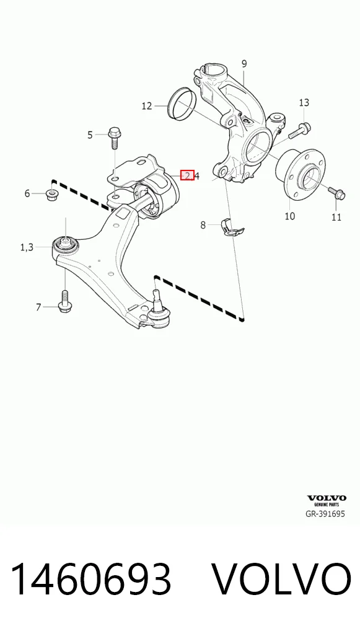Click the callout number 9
pos(244,64)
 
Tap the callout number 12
pos(147,106)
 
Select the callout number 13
pos(304,103)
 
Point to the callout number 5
pos(90,135)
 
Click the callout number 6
pos(27,193)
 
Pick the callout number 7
pos(38,307)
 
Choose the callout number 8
pos(203,225)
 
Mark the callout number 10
pos(289,216)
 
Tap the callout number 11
pos(336,218)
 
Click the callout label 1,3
pos(27,247)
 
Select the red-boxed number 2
pos(188,175)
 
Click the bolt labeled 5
pos(113,138)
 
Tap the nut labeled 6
pos(51,195)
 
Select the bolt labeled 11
pos(336,193)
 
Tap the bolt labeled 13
pos(300,129)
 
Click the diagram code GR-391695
pos(325,514)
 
